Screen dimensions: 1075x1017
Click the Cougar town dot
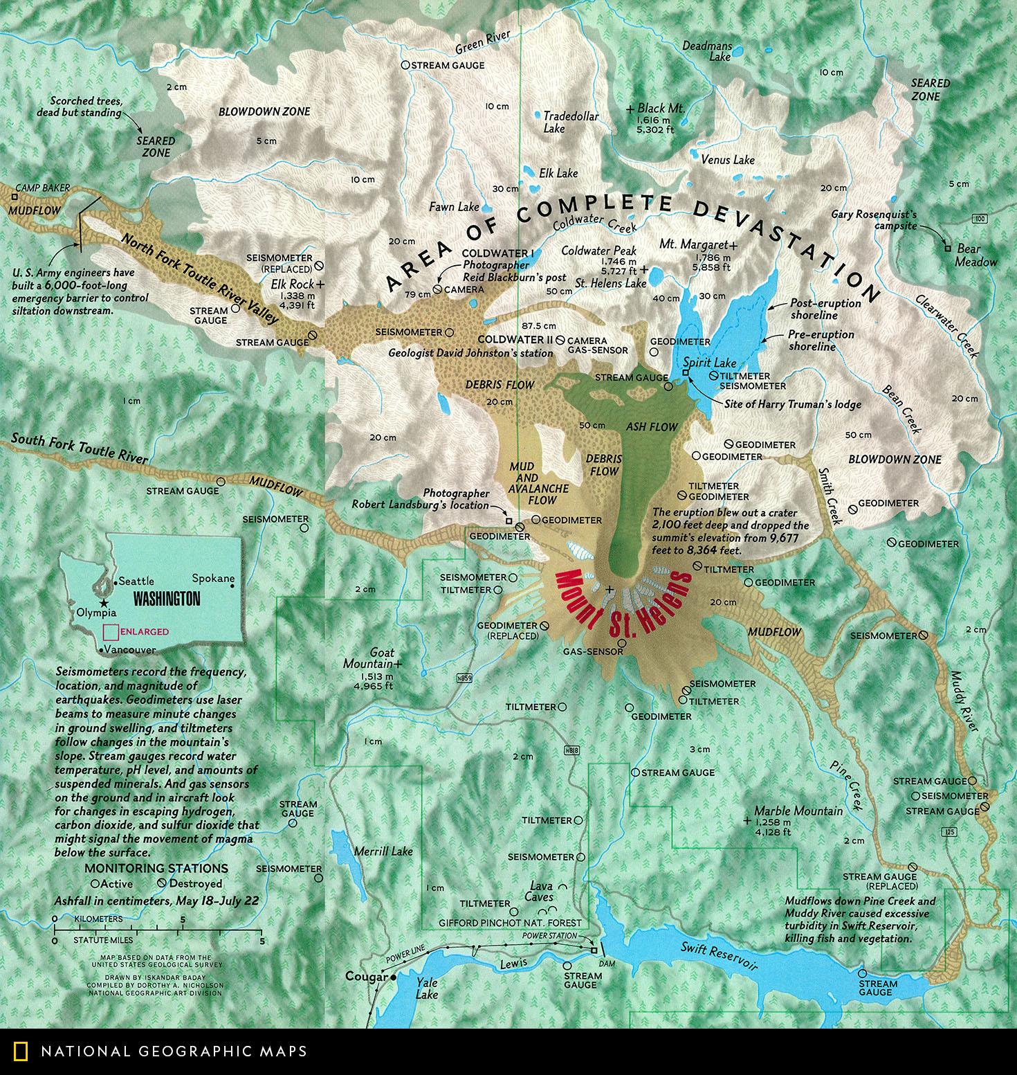pyautogui.click(x=393, y=978)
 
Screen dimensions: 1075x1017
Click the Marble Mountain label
pyautogui.click(x=798, y=811)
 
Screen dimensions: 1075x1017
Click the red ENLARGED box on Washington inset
pyautogui.click(x=109, y=631)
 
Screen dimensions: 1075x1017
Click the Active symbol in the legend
pyautogui.click(x=95, y=884)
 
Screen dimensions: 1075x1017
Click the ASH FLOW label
pyautogui.click(x=650, y=427)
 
